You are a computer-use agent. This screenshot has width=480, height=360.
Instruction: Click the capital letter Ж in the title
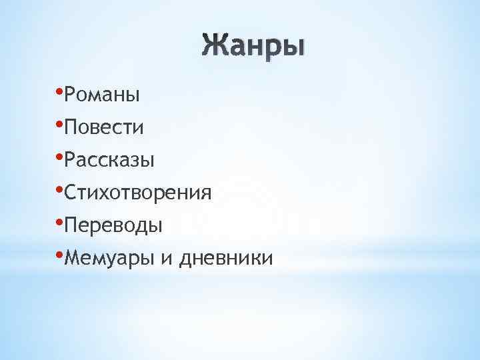click(x=213, y=47)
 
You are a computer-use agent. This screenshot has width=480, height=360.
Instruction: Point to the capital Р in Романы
click(x=71, y=95)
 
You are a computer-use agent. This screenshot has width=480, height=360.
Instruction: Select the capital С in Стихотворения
click(x=71, y=193)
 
